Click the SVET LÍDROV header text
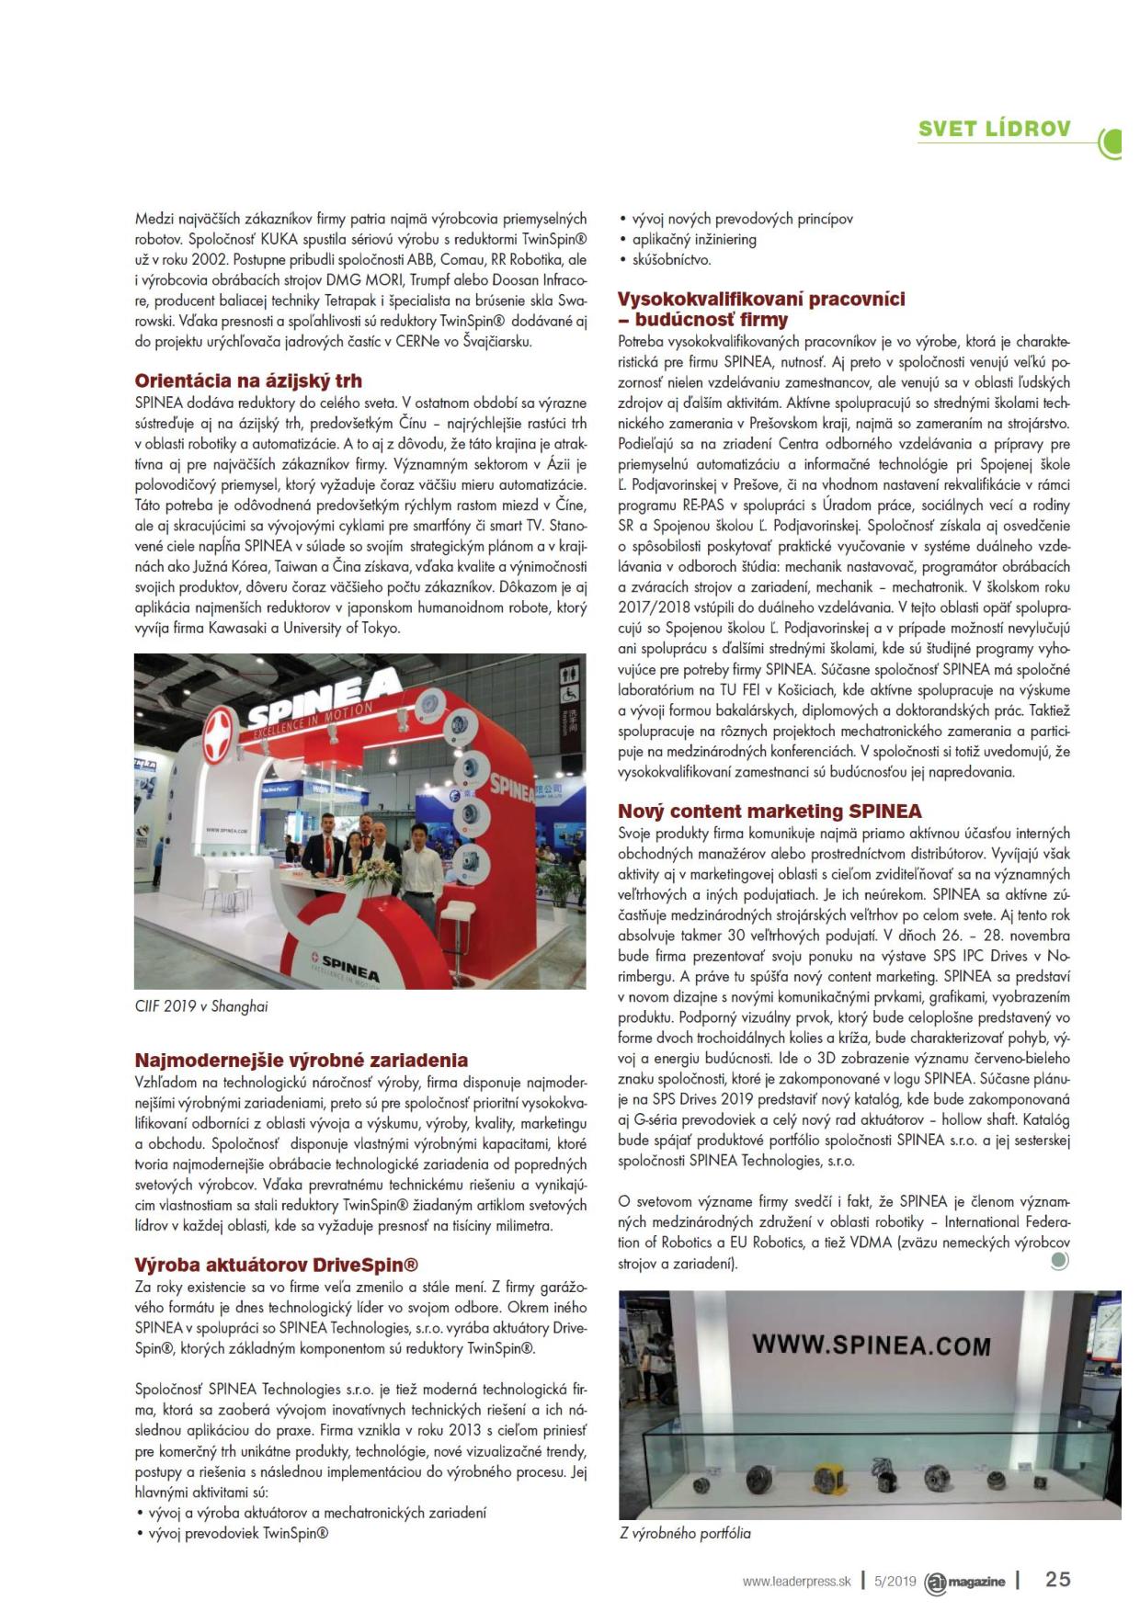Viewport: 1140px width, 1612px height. [994, 129]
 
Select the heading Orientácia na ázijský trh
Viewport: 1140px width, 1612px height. [248, 380]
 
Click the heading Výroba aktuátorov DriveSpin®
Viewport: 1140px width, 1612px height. [264, 1266]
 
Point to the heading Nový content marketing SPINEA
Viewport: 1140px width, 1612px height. [769, 812]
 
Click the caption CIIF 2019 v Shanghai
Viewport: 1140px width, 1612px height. [201, 1006]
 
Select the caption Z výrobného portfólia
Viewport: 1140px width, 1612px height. [685, 1533]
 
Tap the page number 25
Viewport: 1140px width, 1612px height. [1058, 1580]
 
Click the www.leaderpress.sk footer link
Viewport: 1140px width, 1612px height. [797, 1582]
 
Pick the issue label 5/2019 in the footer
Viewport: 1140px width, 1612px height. [895, 1582]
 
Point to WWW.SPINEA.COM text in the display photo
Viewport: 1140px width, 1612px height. [871, 1345]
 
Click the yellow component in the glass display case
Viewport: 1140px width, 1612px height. [823, 1476]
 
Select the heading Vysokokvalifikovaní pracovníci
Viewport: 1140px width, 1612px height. [761, 299]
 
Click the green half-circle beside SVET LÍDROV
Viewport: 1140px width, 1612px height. [1113, 141]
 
